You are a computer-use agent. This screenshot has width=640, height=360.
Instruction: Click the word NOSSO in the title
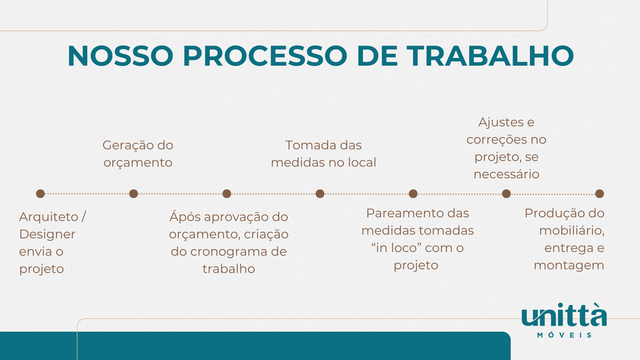(120, 56)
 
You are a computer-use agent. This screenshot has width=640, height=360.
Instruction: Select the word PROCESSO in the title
(265, 56)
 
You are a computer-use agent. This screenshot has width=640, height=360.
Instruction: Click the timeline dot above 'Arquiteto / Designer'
(40, 194)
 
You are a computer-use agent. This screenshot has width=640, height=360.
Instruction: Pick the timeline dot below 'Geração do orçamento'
(134, 194)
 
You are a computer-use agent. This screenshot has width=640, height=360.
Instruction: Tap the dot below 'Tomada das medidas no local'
(320, 194)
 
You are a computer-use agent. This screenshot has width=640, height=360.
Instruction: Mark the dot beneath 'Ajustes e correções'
(506, 194)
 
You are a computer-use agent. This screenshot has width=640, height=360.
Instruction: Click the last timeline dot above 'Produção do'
(600, 194)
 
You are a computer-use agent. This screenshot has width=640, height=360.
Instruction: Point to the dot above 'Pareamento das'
(413, 194)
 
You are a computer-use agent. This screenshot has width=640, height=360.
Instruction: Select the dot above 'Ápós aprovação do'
(227, 194)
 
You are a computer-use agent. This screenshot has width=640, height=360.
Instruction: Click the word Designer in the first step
(47, 234)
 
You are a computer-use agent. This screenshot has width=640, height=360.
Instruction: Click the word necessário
(506, 174)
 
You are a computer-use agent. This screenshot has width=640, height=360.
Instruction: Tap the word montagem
(569, 266)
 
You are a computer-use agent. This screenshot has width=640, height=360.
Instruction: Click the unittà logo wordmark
(564, 315)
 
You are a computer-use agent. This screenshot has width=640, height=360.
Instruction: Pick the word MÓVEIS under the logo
(564, 335)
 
